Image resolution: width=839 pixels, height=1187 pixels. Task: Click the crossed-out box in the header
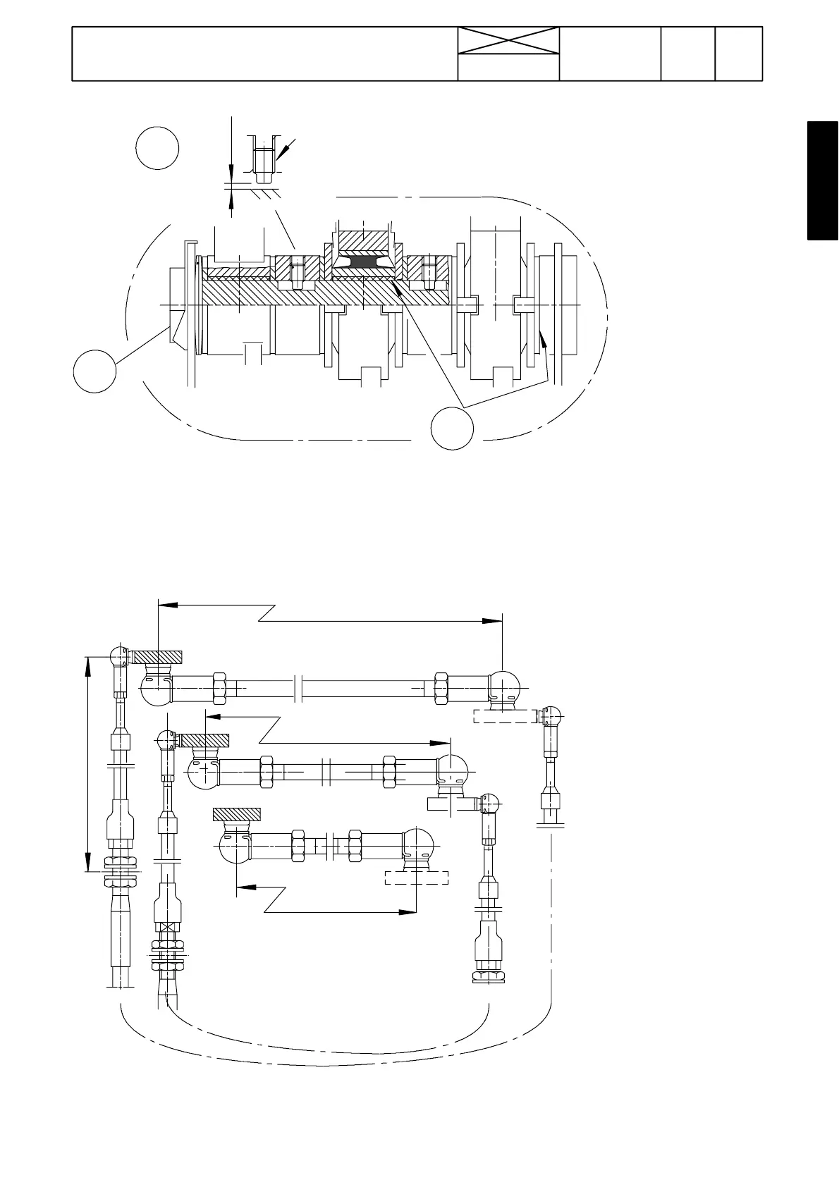coord(508,41)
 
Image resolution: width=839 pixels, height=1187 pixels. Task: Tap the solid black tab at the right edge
coord(822,181)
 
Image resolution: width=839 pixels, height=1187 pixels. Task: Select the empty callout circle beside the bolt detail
coord(157,148)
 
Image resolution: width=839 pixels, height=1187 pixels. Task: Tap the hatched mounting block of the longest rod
coord(159,656)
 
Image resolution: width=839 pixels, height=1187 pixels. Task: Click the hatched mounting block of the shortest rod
coord(237,814)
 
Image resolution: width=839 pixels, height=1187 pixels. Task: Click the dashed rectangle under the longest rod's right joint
coord(504,716)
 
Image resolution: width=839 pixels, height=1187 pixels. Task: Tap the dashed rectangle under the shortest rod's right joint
coord(416,878)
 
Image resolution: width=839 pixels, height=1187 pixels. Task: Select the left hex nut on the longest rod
coord(218,688)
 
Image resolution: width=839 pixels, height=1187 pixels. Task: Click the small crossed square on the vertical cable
coord(167,928)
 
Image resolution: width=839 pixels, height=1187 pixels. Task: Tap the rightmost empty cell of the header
coord(738,54)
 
